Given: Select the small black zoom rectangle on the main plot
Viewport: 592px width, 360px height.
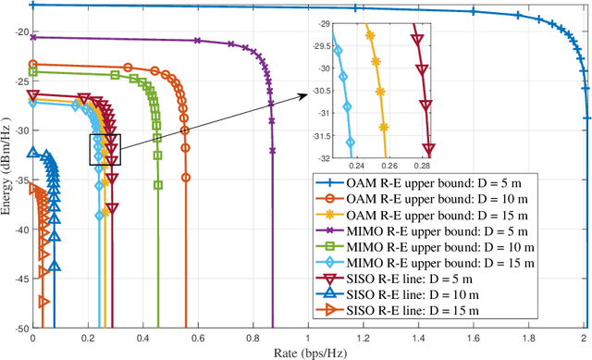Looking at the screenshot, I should [x=105, y=149].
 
